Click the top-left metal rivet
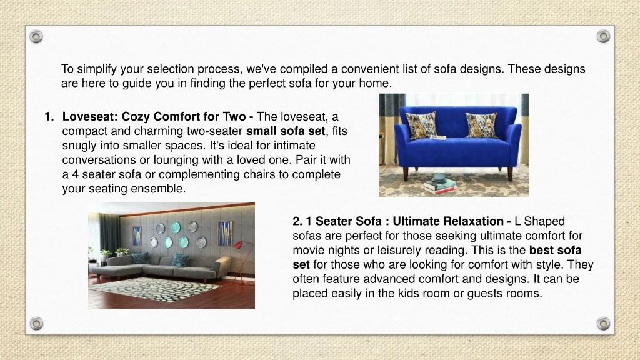[36, 37]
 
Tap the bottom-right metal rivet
[603, 324]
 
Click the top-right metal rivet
[603, 36]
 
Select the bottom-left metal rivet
[36, 324]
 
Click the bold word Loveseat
[90, 117]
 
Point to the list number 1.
[49, 117]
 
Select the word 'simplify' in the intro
[97, 69]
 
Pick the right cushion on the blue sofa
[482, 124]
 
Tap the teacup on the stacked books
[439, 176]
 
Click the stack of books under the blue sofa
[440, 186]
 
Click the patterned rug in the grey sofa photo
[155, 289]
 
